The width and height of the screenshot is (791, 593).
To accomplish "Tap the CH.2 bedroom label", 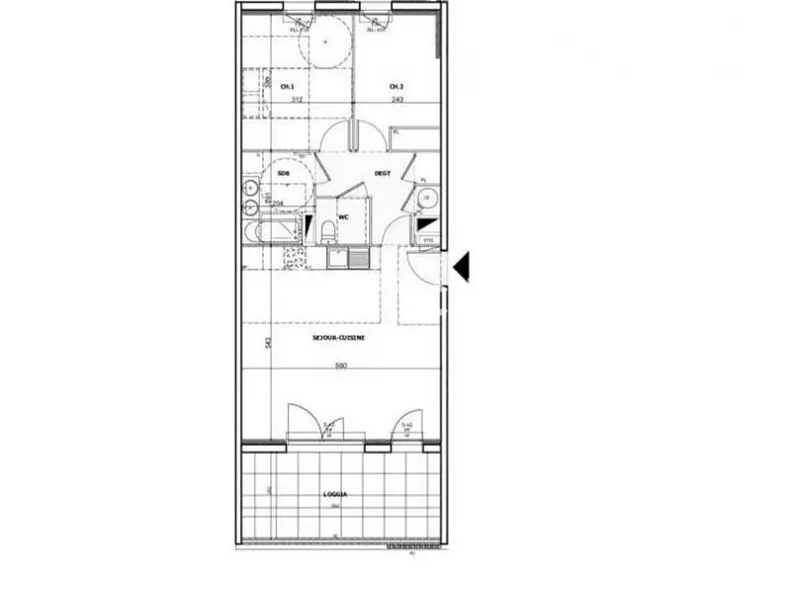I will click(395, 87).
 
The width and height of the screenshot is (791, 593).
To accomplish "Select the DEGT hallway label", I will click(383, 173).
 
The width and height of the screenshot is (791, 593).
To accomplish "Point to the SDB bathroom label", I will click(284, 173).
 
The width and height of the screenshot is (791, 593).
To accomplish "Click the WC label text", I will click(344, 216).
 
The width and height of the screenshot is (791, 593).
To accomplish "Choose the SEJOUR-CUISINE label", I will click(340, 337).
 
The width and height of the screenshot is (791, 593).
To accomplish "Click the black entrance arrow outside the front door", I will click(461, 266).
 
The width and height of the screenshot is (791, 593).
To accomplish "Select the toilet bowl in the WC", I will click(328, 231).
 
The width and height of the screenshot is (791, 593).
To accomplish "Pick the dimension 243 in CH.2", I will click(395, 99).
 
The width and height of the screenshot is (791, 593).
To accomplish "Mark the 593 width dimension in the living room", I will click(339, 365).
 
